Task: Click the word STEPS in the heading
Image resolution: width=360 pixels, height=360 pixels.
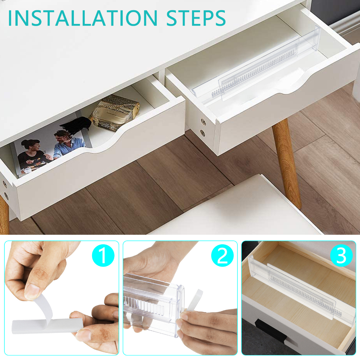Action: coord(196,18)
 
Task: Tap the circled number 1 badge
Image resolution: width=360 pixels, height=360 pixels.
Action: coord(103,256)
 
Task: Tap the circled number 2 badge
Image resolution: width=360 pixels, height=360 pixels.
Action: coord(222,256)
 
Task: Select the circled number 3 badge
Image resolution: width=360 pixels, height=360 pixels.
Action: coord(341,256)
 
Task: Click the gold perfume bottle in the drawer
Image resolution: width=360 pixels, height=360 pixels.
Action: coord(115,112)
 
